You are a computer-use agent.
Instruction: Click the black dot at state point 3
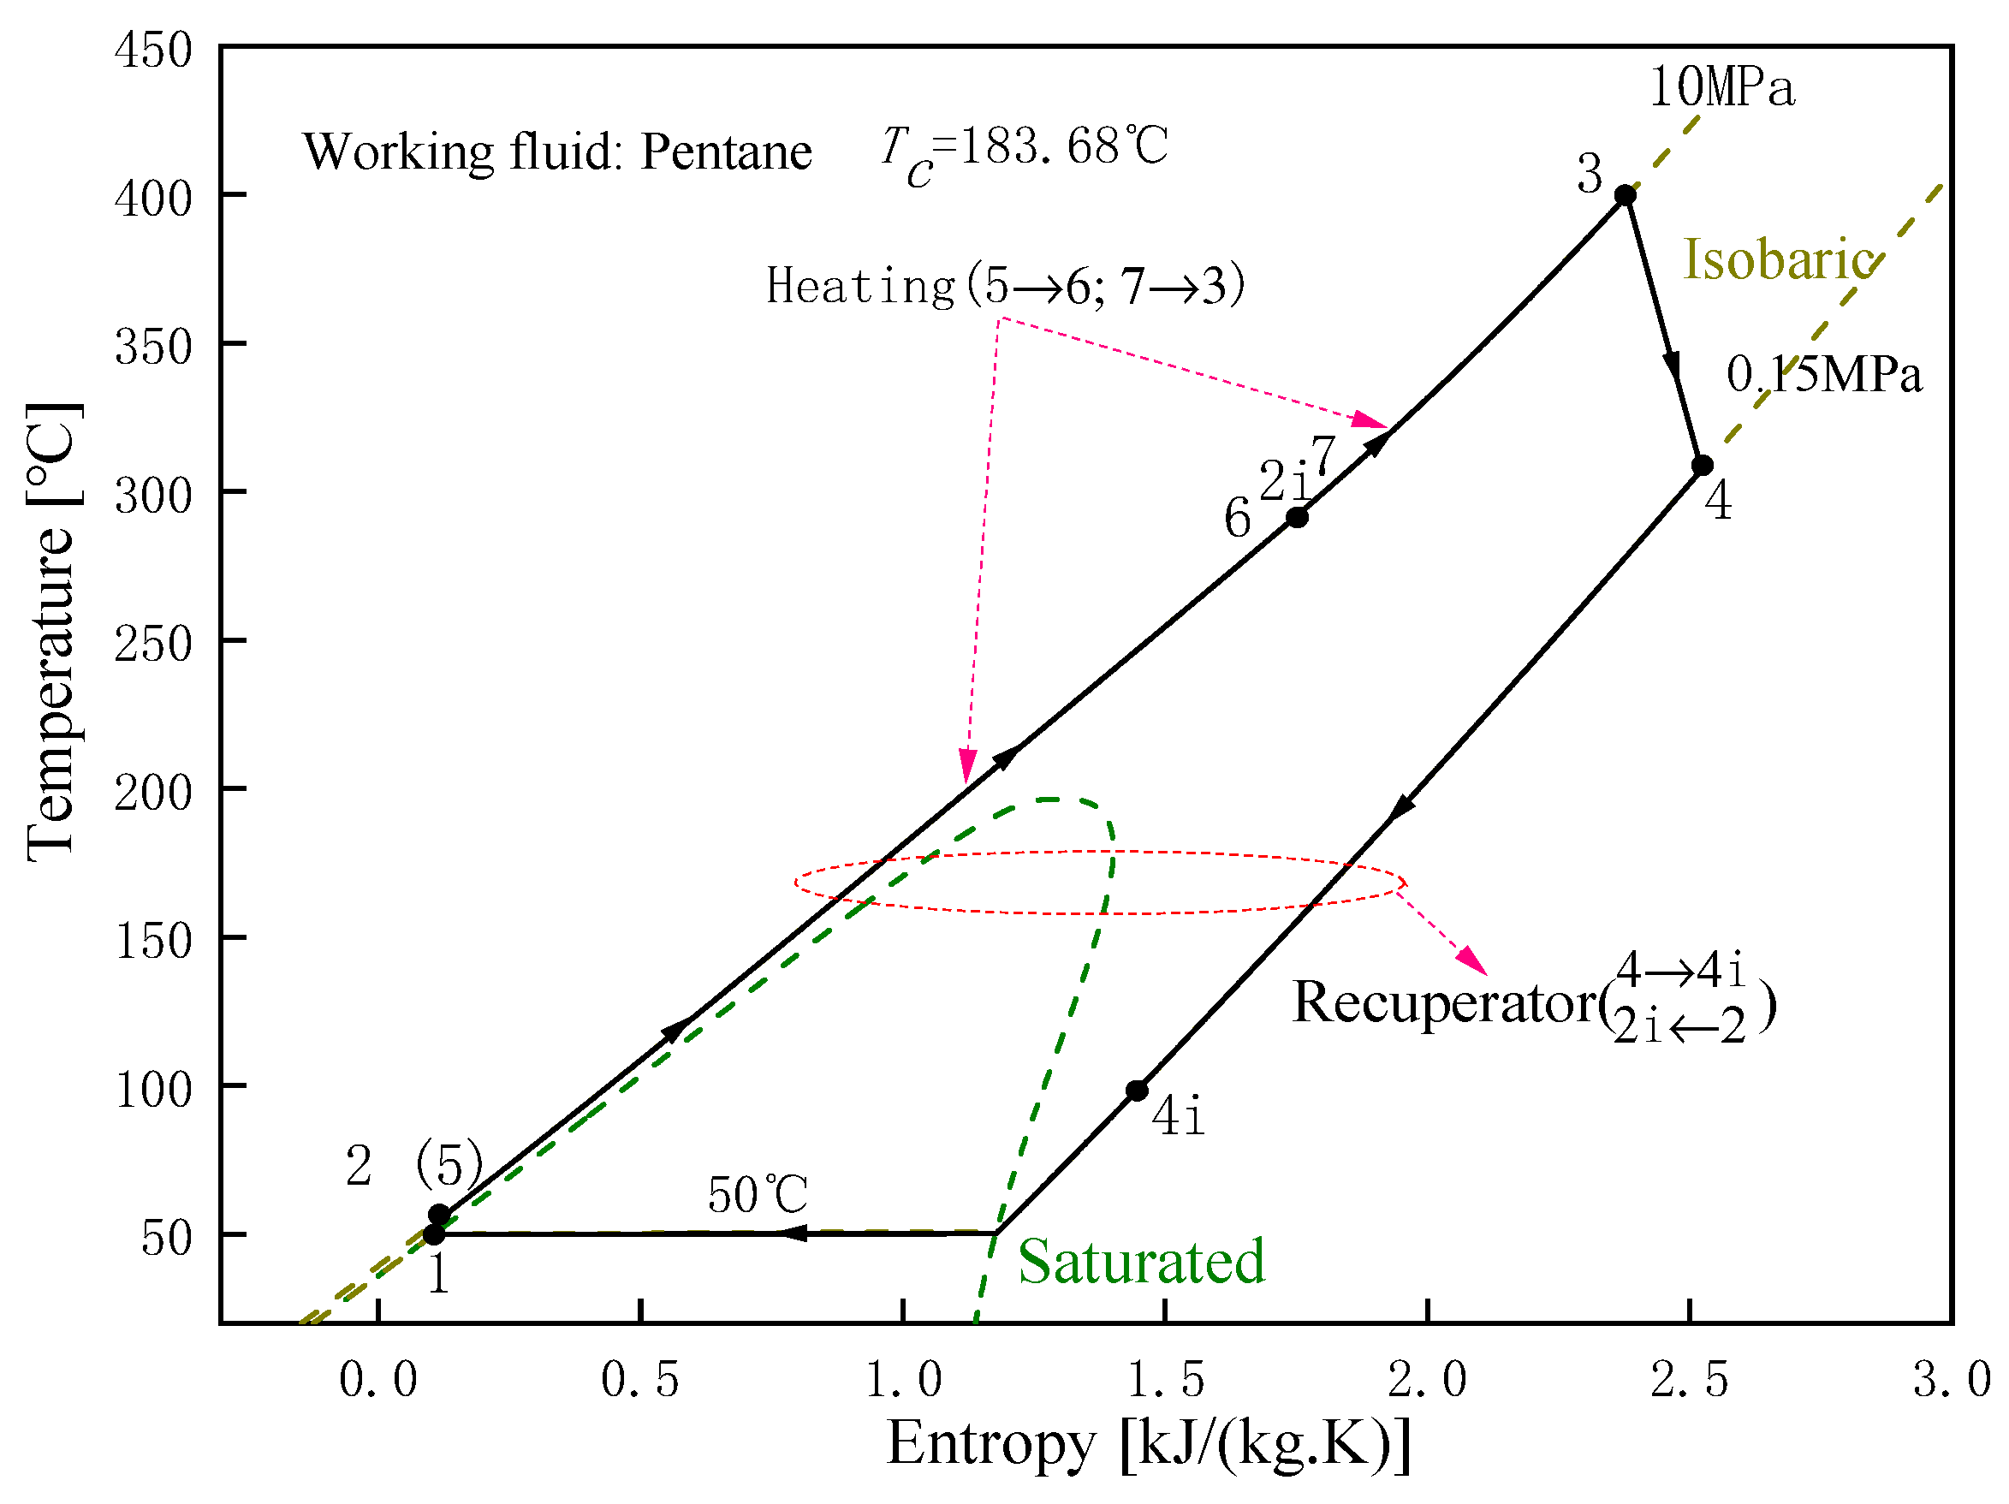1625,195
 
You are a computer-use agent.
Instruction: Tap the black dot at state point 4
1702,465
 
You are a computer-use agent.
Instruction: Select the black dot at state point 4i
1137,1091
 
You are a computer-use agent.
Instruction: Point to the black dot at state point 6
1298,518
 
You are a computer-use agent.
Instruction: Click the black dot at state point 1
434,1234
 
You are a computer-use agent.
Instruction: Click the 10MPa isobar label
1722,88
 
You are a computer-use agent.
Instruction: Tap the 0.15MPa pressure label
1824,374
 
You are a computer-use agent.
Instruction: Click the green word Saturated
1141,1262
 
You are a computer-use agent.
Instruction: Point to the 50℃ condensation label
758,1194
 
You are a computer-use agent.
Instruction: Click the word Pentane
726,152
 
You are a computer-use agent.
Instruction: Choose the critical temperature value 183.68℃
1063,146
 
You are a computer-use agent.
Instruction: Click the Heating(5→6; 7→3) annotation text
1006,286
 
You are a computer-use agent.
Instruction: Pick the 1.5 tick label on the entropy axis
1165,1380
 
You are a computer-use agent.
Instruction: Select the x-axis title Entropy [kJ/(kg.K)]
1148,1443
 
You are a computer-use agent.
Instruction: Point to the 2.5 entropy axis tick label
1690,1380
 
